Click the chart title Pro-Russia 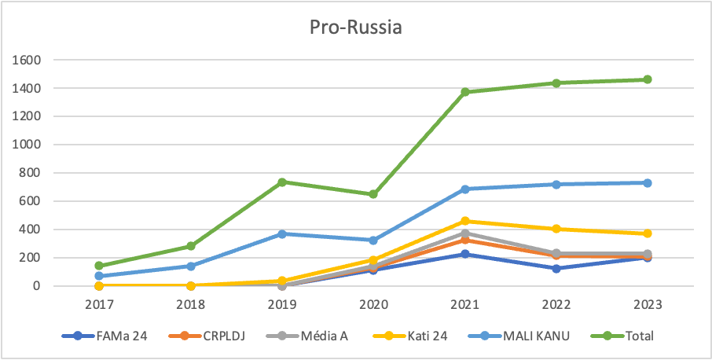(x=355, y=29)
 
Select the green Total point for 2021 (x=465, y=92)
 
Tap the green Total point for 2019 (x=282, y=182)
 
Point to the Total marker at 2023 (x=648, y=79)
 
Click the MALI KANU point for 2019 (x=282, y=233)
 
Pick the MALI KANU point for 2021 (x=465, y=189)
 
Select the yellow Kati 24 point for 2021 (x=465, y=221)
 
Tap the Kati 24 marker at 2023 (x=648, y=233)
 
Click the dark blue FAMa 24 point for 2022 (x=556, y=268)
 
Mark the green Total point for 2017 (x=100, y=266)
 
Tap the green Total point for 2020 (x=373, y=194)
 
